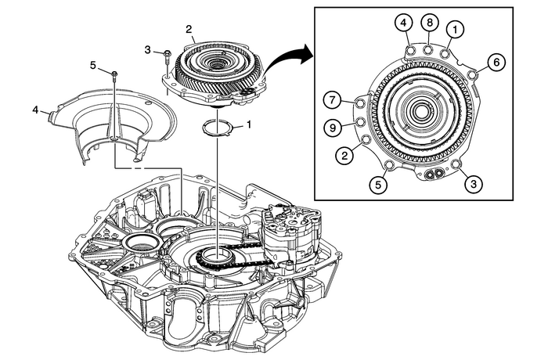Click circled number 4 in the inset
pyautogui.click(x=402, y=23)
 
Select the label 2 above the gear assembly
pyautogui.click(x=188, y=29)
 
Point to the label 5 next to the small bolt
pyautogui.click(x=94, y=66)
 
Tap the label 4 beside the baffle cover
pyautogui.click(x=35, y=110)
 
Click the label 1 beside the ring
pyautogui.click(x=249, y=124)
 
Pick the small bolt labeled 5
pyautogui.click(x=114, y=74)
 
